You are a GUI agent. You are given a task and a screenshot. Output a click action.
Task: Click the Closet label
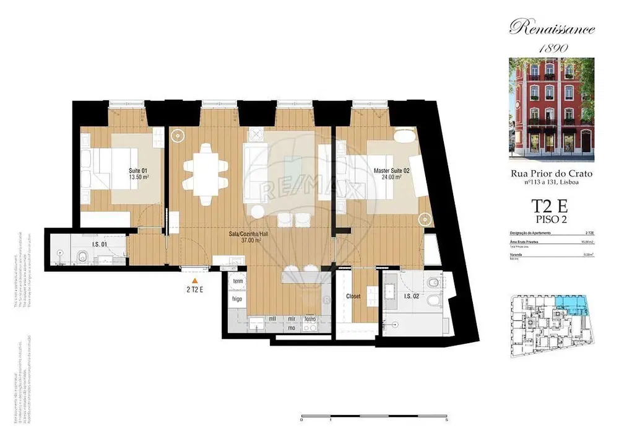click(x=353, y=297)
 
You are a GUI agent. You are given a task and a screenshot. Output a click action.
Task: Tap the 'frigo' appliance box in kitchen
click(x=237, y=299)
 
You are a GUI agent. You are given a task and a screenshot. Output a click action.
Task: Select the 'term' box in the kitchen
click(x=237, y=282)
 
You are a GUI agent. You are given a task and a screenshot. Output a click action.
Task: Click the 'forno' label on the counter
click(x=309, y=319)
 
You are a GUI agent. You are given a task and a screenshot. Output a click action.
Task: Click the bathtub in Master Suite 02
click(x=406, y=136)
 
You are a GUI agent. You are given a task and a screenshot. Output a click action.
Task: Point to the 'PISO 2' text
click(x=551, y=219)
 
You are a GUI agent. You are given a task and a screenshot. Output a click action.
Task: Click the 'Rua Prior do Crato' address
click(x=551, y=174)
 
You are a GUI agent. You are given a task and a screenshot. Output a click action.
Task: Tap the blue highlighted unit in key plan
click(x=572, y=303)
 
